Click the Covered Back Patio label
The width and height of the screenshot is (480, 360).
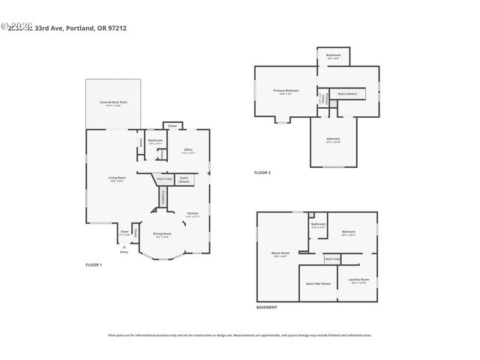click(113, 103)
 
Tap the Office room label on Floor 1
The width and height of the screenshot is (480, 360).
click(188, 151)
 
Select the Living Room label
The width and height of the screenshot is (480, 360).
click(115, 179)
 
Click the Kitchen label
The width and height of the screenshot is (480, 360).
click(193, 214)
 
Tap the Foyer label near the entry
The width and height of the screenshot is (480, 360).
click(124, 234)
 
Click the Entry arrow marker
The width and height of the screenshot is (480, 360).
click(124, 245)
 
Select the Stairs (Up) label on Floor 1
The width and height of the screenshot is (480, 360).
click(164, 179)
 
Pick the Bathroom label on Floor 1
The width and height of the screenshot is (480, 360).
click(155, 141)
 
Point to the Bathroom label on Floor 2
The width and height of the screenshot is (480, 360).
click(334, 56)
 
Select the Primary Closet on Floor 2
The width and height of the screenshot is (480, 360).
click(323, 98)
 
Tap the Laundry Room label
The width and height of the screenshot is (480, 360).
click(359, 282)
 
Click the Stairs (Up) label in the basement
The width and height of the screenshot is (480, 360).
click(331, 259)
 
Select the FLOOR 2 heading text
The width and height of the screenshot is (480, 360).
click(262, 172)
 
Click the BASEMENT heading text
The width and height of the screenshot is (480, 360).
click(267, 307)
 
